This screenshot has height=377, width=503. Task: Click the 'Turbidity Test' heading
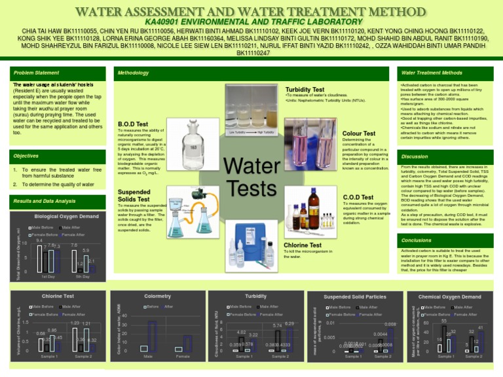pos(305,89)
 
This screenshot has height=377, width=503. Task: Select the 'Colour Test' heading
pos(359,133)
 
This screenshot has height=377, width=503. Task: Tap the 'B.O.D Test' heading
pos(132,124)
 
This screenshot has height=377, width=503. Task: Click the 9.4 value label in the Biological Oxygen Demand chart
pos(39,241)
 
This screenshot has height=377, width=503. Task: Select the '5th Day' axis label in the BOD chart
pos(82,277)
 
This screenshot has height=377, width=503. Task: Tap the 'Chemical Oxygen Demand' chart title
pos(454,296)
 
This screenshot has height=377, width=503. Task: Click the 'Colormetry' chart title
pos(157,296)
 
